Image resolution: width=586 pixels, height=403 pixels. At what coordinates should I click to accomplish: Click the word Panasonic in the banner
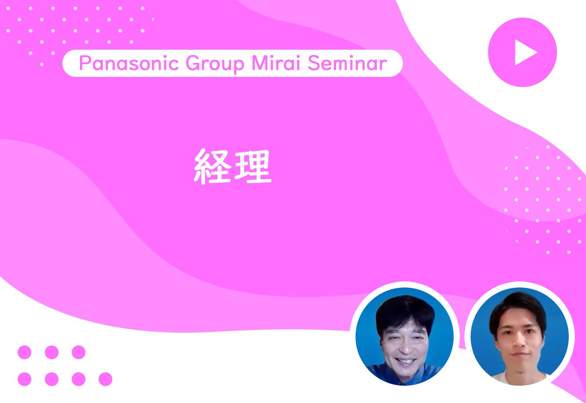[x=129, y=63]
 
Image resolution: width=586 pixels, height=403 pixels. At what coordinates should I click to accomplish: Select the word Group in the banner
[x=215, y=64]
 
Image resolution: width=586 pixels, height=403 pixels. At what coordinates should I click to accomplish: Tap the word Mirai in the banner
[x=276, y=63]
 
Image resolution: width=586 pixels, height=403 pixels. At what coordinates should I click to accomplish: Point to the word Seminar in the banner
[x=347, y=63]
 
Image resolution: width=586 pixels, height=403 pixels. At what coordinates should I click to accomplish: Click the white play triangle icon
[x=524, y=52]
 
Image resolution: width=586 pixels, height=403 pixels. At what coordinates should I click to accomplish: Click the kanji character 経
[x=212, y=166]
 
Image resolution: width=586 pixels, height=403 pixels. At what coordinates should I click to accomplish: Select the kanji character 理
[x=253, y=167]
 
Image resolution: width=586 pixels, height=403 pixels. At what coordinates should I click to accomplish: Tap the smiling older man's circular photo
[x=405, y=337]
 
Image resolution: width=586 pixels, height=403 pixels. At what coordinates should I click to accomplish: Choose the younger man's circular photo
[x=520, y=337]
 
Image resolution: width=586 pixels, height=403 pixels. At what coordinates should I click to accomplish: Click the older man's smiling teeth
[x=406, y=361]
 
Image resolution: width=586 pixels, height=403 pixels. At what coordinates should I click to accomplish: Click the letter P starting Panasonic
[x=84, y=63]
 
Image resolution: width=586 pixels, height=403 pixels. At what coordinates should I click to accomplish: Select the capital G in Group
[x=192, y=63]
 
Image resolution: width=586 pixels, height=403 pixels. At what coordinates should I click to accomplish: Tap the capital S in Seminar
[x=314, y=63]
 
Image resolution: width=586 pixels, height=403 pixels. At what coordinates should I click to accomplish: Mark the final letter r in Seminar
[x=383, y=65]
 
